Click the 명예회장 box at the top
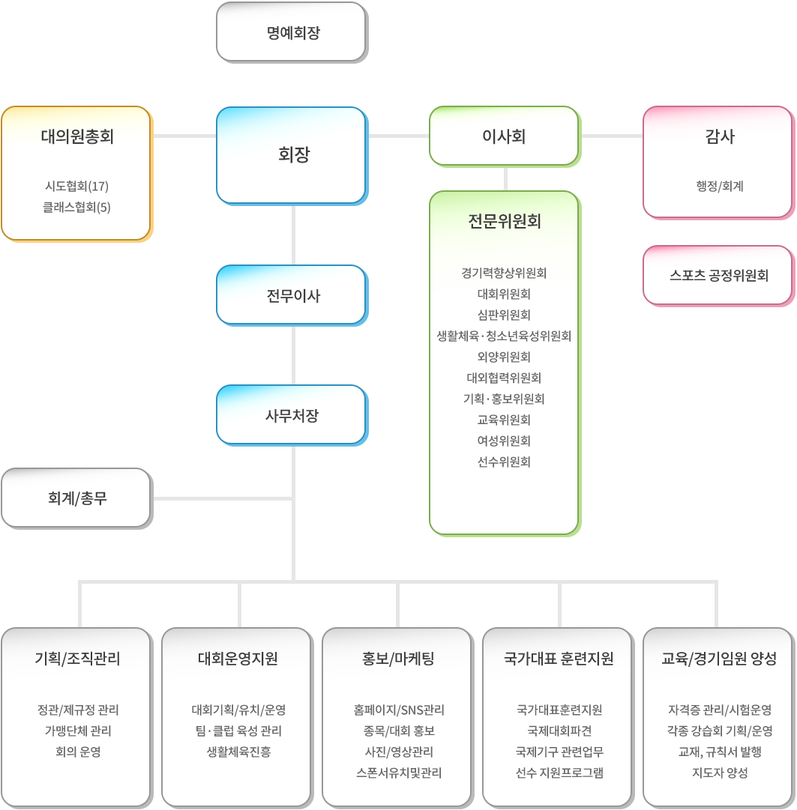click(x=292, y=32)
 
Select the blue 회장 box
click(x=292, y=156)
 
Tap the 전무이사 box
click(x=292, y=295)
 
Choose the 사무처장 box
click(x=292, y=415)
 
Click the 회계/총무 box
click(x=77, y=498)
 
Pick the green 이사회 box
click(x=505, y=136)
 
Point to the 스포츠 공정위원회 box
click(x=719, y=276)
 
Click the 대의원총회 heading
click(x=77, y=136)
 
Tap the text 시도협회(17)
click(x=77, y=186)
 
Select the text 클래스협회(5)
click(x=76, y=207)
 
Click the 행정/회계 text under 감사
click(x=720, y=186)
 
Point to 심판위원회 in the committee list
click(x=504, y=315)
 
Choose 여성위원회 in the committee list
click(x=504, y=441)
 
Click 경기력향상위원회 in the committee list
click(x=504, y=273)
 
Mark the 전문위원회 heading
click(x=505, y=221)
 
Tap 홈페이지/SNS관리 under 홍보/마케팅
click(x=399, y=710)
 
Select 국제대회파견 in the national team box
click(x=559, y=731)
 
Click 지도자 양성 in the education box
click(x=720, y=773)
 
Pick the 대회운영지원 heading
click(x=238, y=659)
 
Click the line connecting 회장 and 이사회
click(x=399, y=136)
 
